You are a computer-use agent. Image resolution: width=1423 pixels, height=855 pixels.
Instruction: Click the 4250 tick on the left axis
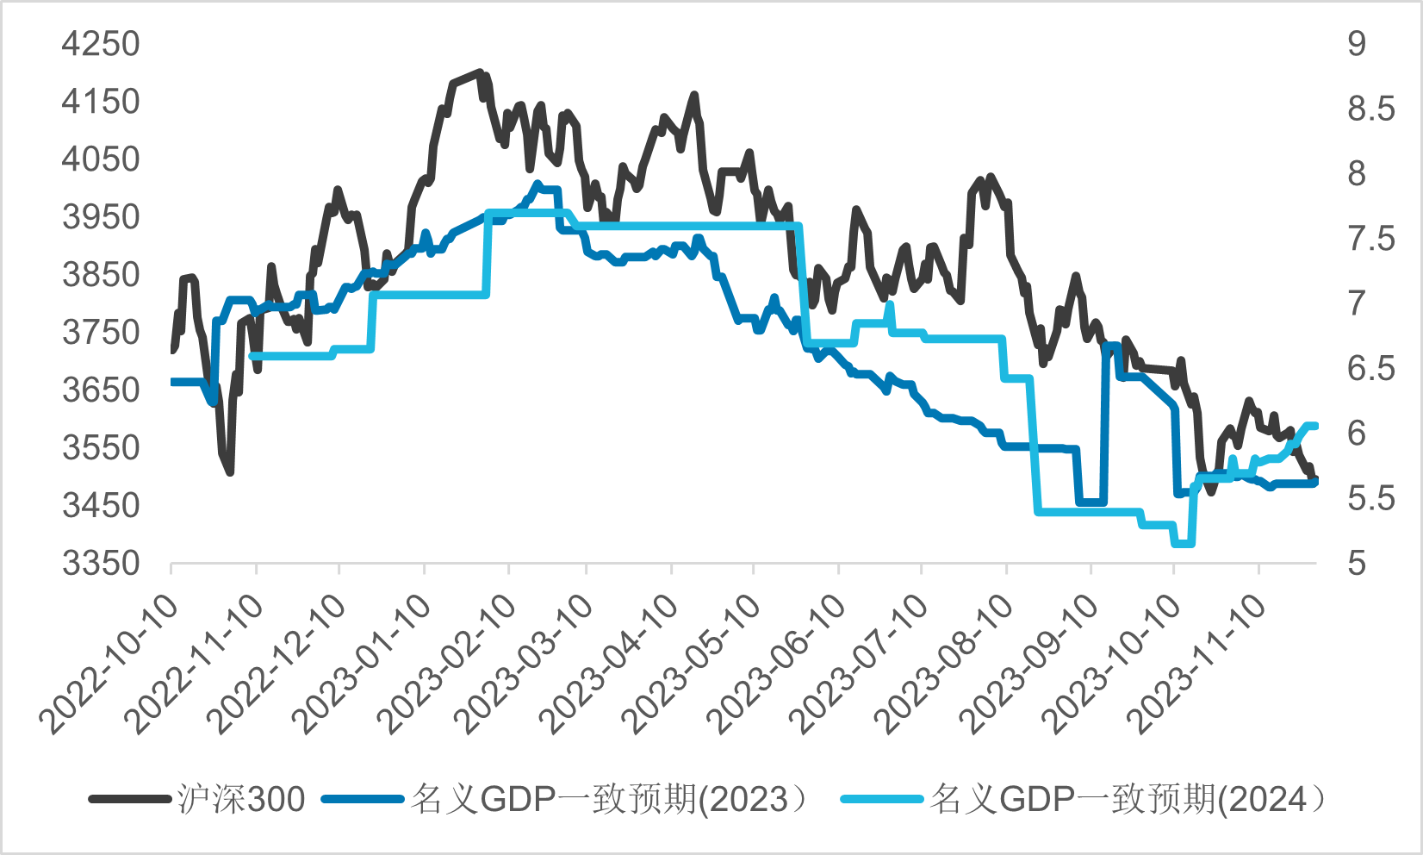(x=100, y=44)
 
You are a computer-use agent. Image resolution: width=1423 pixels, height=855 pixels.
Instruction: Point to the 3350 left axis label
(x=100, y=564)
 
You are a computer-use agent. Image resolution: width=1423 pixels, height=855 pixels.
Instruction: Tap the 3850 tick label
(x=100, y=275)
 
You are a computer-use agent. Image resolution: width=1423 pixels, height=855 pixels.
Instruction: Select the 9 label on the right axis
(x=1357, y=44)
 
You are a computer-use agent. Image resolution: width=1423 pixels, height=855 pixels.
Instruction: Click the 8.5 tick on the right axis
(x=1370, y=109)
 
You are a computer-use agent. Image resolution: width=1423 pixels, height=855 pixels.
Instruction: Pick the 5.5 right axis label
(x=1370, y=498)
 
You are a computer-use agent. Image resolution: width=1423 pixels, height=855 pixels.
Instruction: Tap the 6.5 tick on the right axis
(x=1370, y=369)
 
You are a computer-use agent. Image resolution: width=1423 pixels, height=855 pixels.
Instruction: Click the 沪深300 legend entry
(x=241, y=800)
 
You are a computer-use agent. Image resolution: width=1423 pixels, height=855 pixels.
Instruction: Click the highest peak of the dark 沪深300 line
(x=479, y=73)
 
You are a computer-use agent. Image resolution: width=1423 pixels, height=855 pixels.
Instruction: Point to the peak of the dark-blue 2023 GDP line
(x=538, y=184)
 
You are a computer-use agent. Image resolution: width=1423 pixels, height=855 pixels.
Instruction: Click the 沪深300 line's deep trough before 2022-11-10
(x=230, y=471)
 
